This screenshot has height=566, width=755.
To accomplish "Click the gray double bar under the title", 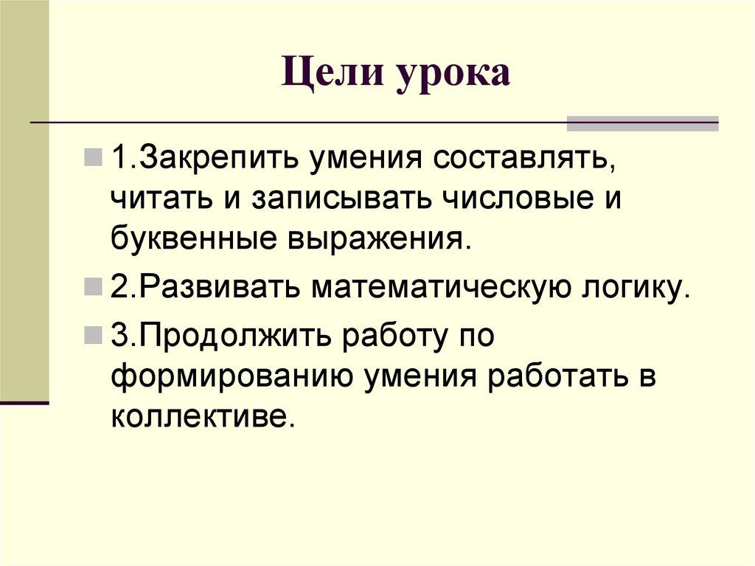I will pyautogui.click(x=642, y=123).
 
